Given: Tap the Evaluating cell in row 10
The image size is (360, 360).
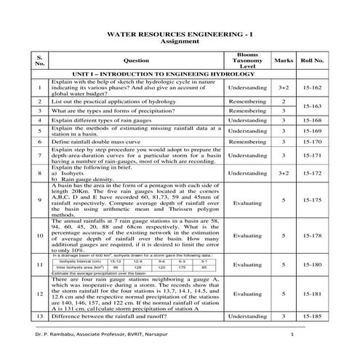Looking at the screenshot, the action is click(247, 236).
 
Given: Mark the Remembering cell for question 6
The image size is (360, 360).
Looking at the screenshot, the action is click(247, 143).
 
